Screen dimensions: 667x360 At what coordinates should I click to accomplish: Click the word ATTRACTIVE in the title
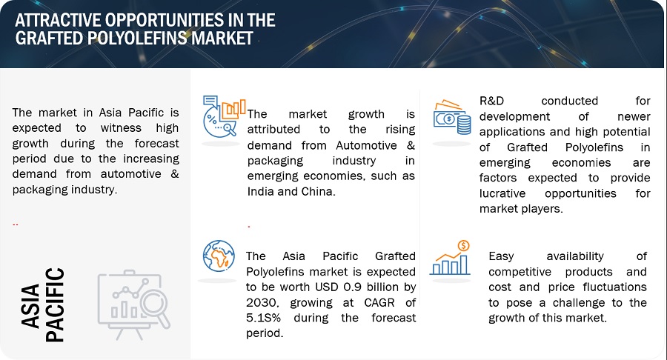(x=59, y=20)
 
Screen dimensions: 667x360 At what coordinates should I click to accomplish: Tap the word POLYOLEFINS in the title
(x=137, y=39)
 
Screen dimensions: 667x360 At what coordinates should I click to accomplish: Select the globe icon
(x=219, y=256)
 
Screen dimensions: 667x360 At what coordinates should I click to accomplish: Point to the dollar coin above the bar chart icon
(x=463, y=246)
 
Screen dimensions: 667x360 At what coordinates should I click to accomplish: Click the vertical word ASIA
(x=31, y=306)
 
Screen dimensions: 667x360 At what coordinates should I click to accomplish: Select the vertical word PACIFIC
(x=56, y=304)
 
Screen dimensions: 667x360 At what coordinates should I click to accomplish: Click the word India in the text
(x=261, y=191)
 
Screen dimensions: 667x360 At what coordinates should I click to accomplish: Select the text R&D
(x=491, y=101)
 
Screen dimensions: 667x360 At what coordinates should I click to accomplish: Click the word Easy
(x=501, y=257)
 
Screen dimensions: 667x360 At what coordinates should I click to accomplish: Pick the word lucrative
(x=502, y=193)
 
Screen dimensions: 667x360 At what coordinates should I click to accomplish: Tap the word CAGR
(x=379, y=303)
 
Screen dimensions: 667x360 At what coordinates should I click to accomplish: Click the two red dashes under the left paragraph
(x=16, y=224)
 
